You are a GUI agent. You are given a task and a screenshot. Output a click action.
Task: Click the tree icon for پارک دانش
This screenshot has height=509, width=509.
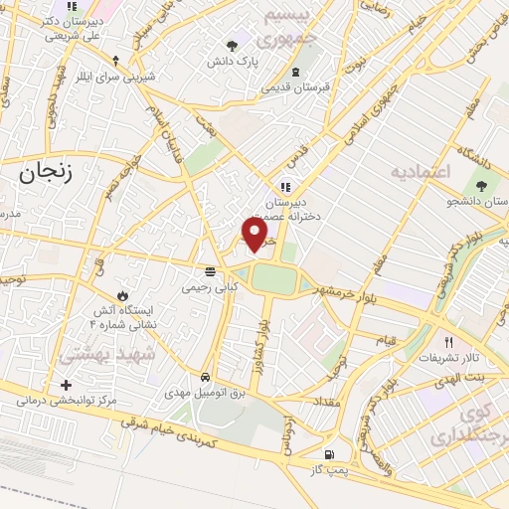(233, 45)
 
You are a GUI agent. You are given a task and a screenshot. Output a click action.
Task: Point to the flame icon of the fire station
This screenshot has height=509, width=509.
(122, 296)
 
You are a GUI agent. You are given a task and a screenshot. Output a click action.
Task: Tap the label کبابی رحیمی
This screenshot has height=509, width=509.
(210, 286)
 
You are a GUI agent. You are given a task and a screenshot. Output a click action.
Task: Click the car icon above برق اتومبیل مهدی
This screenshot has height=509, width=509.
(204, 378)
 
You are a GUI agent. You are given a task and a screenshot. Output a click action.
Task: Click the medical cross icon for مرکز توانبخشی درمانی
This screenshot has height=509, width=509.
(66, 385)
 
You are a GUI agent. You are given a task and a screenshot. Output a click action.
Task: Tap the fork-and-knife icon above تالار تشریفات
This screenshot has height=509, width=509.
(449, 341)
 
